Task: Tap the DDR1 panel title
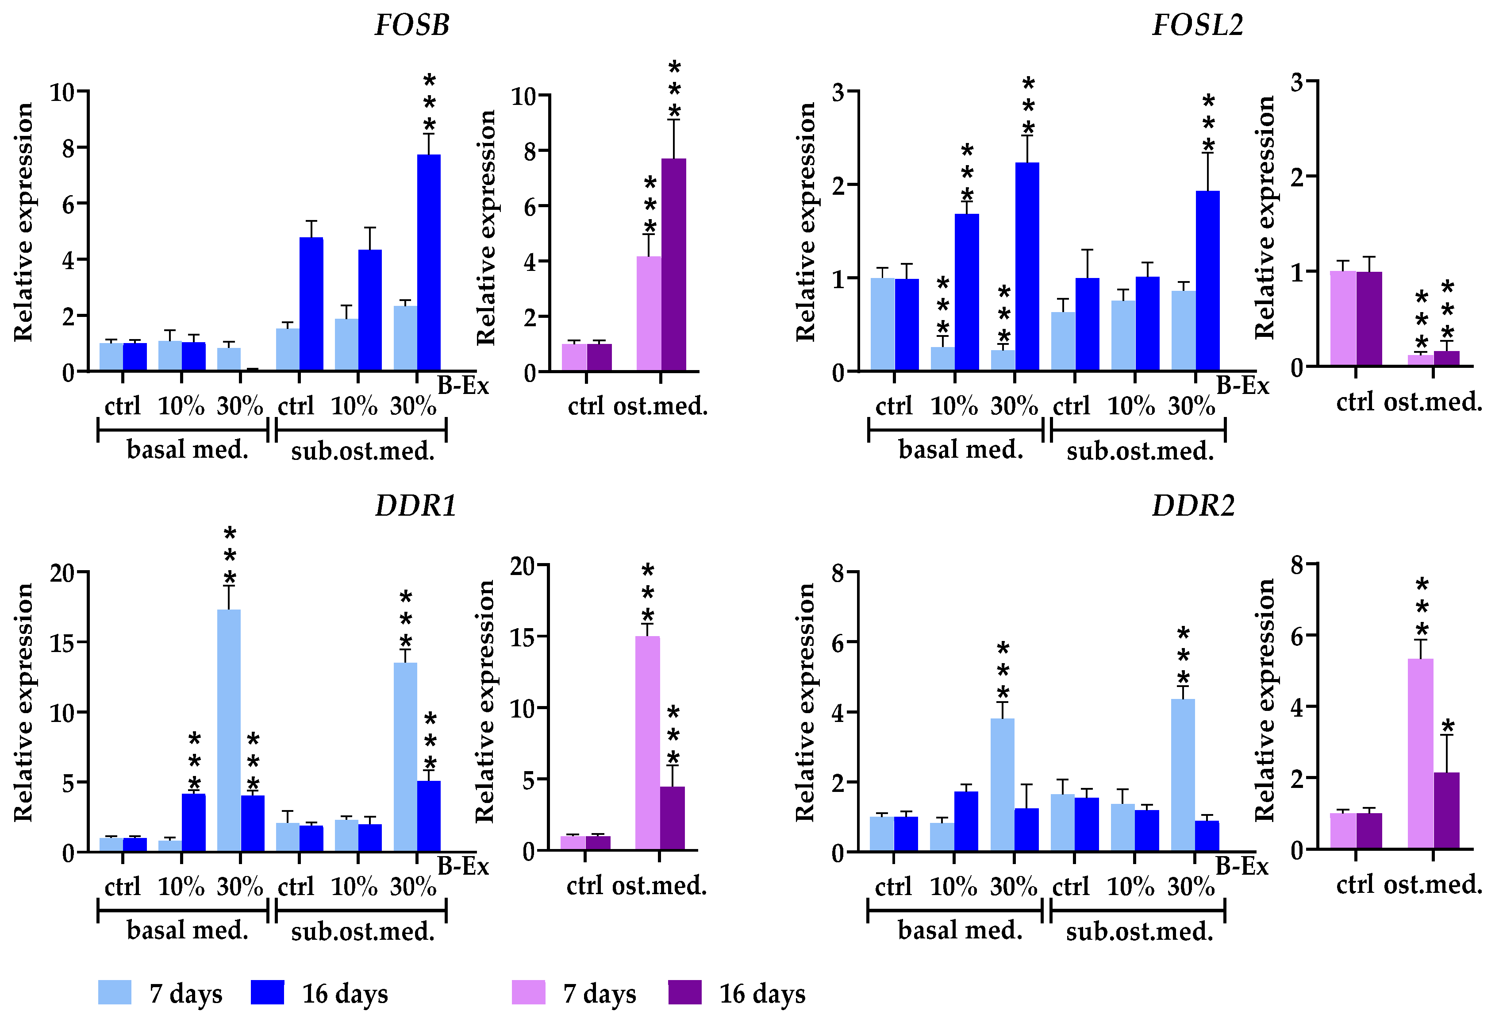[x=416, y=506]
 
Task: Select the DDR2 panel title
[x=1193, y=506]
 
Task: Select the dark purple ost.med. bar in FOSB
[x=673, y=265]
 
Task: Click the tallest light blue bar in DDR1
[x=229, y=729]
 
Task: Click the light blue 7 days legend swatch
[x=115, y=992]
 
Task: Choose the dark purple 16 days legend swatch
[x=684, y=992]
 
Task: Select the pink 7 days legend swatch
[x=528, y=992]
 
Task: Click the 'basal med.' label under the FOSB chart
[x=187, y=449]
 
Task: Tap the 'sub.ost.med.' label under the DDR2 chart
[x=1139, y=931]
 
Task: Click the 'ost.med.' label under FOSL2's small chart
[x=1433, y=402]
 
